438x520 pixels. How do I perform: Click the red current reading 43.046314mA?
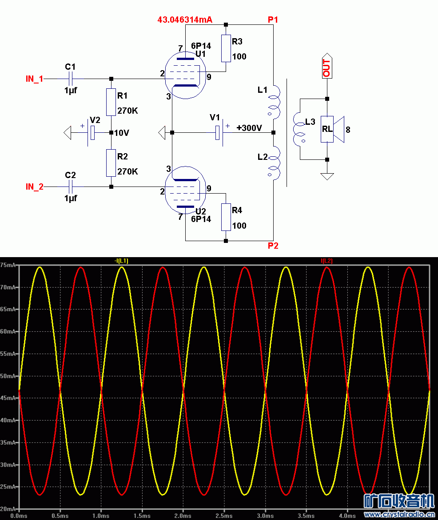tap(185, 20)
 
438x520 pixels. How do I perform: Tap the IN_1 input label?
tap(35, 79)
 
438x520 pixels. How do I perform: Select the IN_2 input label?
tap(35, 187)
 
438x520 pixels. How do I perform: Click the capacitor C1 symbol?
tap(71, 79)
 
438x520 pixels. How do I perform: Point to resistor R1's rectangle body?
tap(111, 102)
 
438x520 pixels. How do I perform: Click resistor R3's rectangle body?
tap(226, 48)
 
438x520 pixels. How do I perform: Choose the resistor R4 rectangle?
tap(226, 217)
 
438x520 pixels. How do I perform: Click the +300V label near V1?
tap(249, 128)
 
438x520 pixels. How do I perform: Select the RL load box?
tap(327, 129)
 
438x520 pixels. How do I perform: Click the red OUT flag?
tap(327, 66)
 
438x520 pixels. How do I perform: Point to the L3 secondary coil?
tap(299, 129)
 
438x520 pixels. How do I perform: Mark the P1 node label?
tap(273, 20)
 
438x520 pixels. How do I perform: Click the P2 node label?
tap(273, 246)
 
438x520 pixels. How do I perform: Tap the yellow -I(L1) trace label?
tap(121, 261)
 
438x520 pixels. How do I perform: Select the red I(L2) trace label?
tap(327, 261)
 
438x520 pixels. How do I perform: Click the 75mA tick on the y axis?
tap(8, 265)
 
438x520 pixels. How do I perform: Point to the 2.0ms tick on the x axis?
tap(183, 516)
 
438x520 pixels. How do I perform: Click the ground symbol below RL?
tap(327, 176)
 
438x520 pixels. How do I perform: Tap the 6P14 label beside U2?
tap(201, 219)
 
